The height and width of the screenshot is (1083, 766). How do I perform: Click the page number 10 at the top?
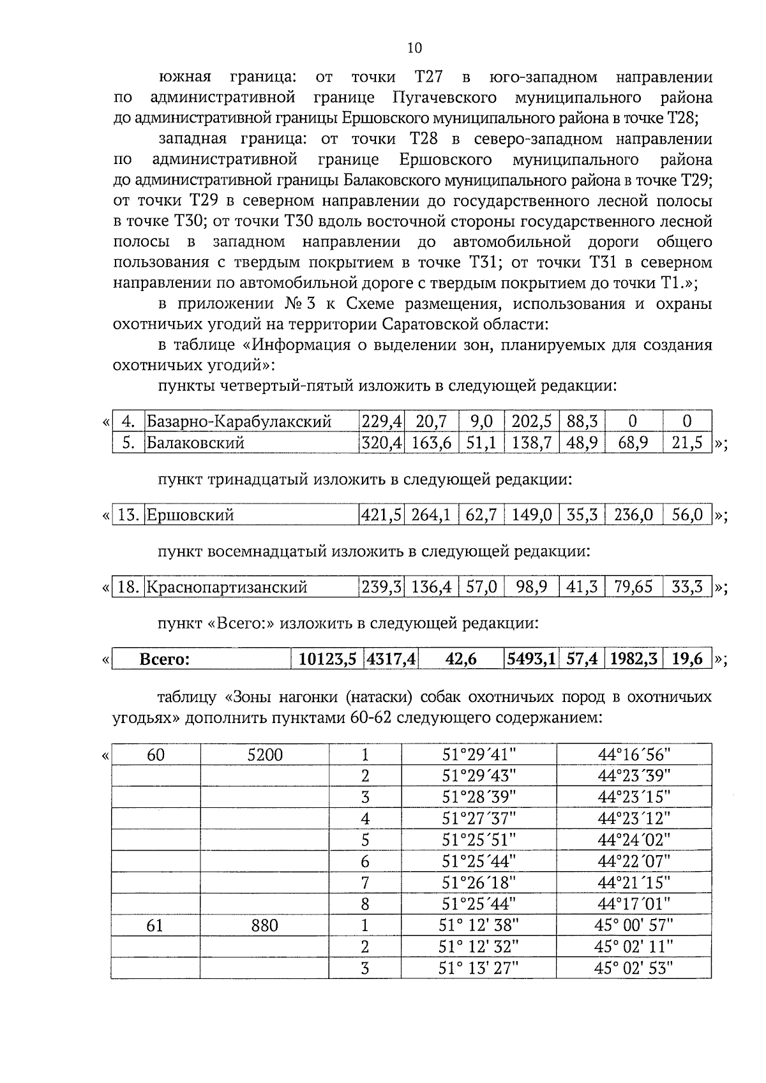pos(414,49)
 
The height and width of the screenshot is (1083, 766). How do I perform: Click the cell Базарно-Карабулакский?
pos(239,421)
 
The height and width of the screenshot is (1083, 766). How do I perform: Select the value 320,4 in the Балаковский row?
pos(382,443)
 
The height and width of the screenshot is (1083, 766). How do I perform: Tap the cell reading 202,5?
pos(531,421)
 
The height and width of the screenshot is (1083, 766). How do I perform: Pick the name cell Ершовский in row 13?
pos(190,515)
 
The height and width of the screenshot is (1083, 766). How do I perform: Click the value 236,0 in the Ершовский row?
pos(633,515)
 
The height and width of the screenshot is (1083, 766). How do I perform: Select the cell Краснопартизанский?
pos(227,587)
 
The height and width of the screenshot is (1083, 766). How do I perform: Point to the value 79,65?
pos(633,587)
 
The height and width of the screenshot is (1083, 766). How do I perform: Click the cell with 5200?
pos(265,756)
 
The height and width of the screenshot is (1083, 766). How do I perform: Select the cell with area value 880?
pos(265,925)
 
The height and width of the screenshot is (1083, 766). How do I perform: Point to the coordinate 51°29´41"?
pos(479,756)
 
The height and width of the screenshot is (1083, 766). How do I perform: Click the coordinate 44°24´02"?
pos(634,840)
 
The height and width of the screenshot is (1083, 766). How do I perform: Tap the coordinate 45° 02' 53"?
pos(634,968)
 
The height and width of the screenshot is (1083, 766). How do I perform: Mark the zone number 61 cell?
pos(155,925)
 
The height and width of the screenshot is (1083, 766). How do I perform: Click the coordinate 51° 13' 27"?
pos(479,968)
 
